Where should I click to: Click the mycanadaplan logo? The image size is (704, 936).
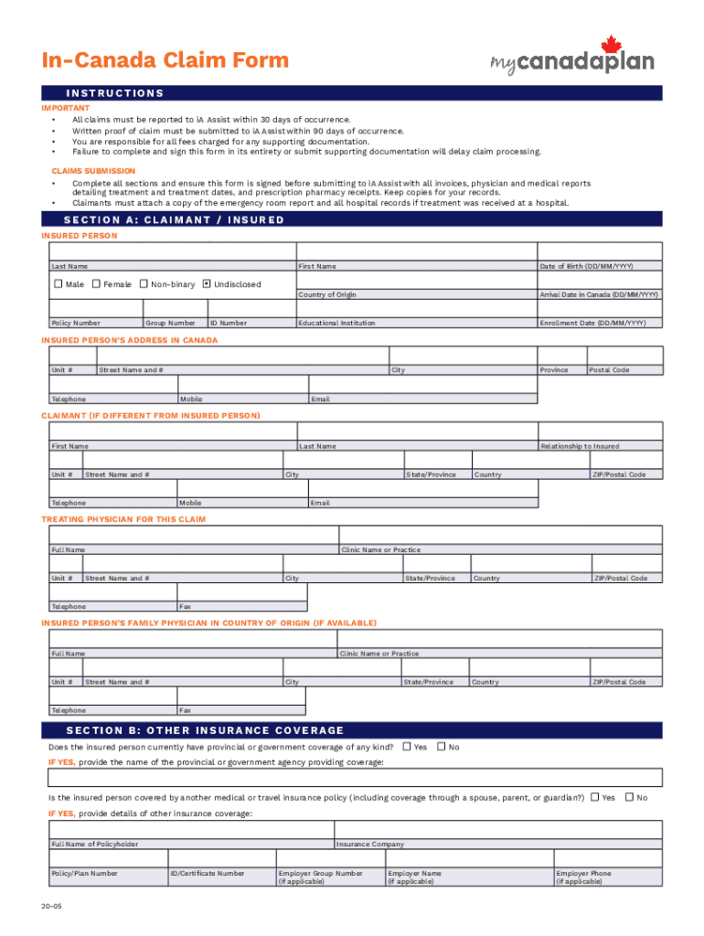click(x=572, y=58)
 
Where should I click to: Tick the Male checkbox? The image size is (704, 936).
click(x=57, y=284)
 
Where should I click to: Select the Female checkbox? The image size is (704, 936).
click(x=96, y=284)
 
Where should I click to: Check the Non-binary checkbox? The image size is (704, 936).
click(x=144, y=284)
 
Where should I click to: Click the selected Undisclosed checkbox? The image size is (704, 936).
click(x=207, y=284)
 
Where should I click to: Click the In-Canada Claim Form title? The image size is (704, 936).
click(x=165, y=61)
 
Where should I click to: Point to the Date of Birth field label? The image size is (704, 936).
click(x=586, y=266)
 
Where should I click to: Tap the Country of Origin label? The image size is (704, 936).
click(x=327, y=294)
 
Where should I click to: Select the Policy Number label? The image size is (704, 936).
click(x=76, y=323)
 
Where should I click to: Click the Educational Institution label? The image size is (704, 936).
click(x=336, y=323)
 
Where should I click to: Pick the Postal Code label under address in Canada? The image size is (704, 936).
click(x=609, y=370)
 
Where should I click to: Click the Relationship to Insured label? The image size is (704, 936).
click(x=580, y=446)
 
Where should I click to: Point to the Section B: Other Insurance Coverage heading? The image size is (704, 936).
click(x=205, y=730)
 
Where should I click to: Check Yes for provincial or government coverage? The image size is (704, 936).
click(x=407, y=747)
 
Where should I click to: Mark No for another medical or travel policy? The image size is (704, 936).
click(x=628, y=797)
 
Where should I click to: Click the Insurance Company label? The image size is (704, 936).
click(x=370, y=845)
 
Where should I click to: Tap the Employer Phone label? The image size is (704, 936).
click(x=583, y=874)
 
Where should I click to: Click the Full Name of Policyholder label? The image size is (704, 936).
click(x=95, y=845)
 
